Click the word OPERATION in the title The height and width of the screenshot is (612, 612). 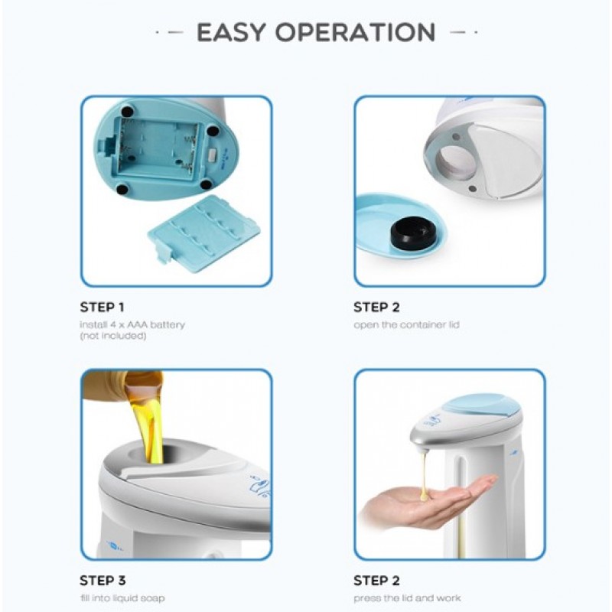[x=356, y=32]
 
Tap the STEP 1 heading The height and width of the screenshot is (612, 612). [x=102, y=308]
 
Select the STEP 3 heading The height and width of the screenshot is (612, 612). [x=103, y=581]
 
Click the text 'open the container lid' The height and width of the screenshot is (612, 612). [x=406, y=324]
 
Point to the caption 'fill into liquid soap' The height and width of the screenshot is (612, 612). [x=122, y=598]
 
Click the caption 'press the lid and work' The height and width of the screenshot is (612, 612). [x=407, y=598]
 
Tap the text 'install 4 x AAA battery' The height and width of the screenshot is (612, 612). [x=132, y=324]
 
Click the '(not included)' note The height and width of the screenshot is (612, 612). [x=113, y=336]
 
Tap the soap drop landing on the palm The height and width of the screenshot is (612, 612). [x=425, y=495]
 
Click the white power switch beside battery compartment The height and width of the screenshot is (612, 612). [x=213, y=155]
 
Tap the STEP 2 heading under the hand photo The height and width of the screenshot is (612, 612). [x=376, y=581]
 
